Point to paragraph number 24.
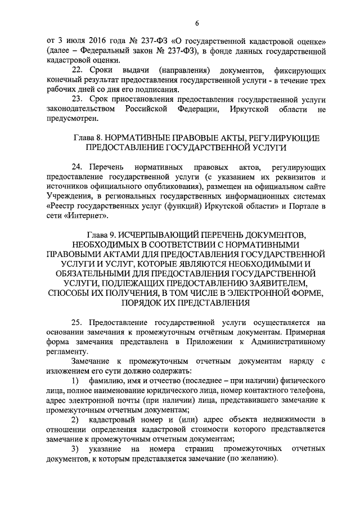pos(78,167)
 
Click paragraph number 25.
pos(78,323)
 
